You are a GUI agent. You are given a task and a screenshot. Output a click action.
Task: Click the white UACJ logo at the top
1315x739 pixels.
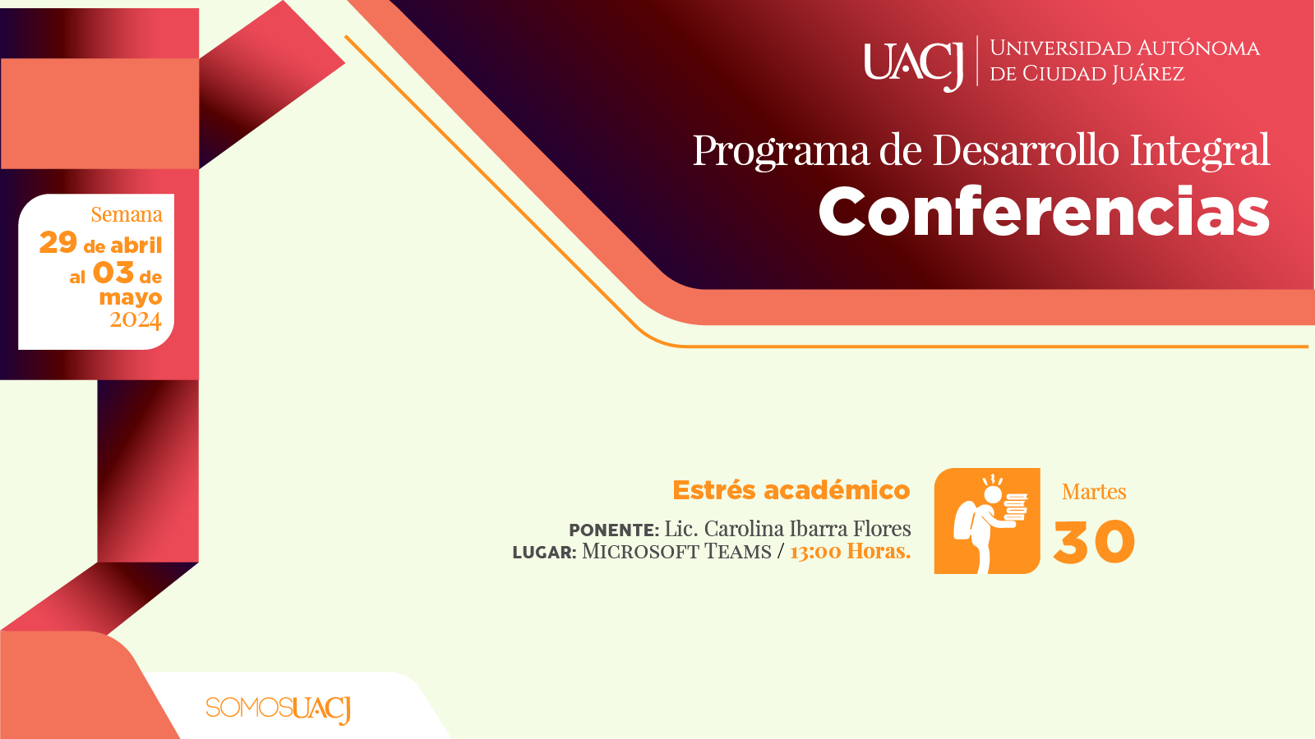(x=913, y=64)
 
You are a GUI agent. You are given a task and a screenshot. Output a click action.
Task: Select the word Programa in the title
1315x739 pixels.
(x=782, y=151)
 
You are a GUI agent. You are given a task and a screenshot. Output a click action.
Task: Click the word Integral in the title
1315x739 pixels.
(x=1201, y=151)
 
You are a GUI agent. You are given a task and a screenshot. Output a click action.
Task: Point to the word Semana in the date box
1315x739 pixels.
(x=127, y=214)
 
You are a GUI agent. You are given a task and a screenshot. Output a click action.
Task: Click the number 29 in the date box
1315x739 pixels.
(x=58, y=242)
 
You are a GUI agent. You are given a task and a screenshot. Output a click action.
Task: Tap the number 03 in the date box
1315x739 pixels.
(x=113, y=273)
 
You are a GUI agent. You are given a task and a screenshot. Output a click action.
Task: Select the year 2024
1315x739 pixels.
(x=135, y=320)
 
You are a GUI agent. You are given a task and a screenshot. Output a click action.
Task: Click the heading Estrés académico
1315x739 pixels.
(x=791, y=490)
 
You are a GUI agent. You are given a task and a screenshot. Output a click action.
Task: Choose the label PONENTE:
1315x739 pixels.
(x=614, y=530)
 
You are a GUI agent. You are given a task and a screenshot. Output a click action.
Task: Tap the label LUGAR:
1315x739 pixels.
(x=544, y=553)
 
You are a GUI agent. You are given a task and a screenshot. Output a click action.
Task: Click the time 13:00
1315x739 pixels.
(x=815, y=552)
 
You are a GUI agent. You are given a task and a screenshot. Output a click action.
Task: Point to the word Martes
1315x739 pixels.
(x=1094, y=492)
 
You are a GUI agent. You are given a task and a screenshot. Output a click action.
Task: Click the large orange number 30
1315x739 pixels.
(x=1094, y=542)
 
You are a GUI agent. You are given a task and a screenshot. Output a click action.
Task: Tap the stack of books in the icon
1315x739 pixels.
(x=1016, y=507)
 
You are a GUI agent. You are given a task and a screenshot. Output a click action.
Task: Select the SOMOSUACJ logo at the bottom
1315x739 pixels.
(x=279, y=709)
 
